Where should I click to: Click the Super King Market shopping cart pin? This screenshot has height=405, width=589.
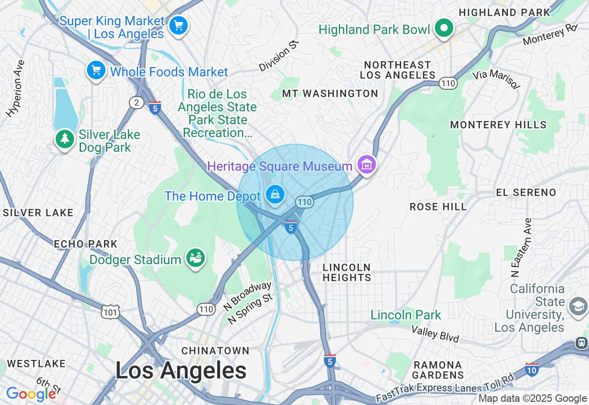[x=178, y=25]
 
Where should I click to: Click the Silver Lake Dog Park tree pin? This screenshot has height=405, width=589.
[x=65, y=139]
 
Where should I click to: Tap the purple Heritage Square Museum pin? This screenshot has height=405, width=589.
[x=366, y=164]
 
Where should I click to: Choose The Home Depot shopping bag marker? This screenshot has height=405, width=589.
[x=275, y=195]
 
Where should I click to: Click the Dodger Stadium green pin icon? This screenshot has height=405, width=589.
[x=196, y=258]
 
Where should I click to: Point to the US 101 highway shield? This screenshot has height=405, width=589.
[x=111, y=312]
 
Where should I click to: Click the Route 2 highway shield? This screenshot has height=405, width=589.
[x=136, y=103]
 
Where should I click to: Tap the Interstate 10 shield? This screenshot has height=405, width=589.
[x=531, y=369]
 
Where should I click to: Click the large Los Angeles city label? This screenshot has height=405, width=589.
[x=181, y=370]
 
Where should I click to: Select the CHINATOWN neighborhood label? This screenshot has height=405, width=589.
[x=215, y=351]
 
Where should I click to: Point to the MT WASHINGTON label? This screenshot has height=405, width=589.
[x=330, y=94]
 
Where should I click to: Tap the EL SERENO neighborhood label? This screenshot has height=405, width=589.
[x=526, y=192]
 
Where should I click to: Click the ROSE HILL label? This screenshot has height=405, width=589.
[x=438, y=207]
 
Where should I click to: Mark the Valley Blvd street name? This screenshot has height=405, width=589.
[x=435, y=334]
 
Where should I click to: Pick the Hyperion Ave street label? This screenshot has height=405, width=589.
[x=15, y=88]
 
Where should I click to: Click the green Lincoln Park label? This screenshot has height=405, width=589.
[x=406, y=315]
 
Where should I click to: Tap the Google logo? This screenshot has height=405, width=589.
[x=31, y=394]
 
